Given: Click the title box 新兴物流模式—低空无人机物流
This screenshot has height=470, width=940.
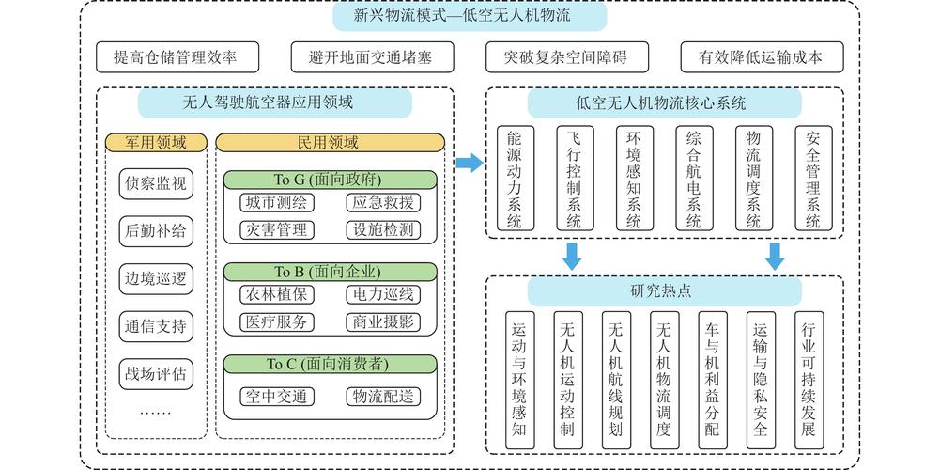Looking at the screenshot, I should point(470,16).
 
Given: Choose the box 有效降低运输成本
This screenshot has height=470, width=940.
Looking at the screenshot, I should point(762,57).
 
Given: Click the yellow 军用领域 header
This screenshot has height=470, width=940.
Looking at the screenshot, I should point(156,143).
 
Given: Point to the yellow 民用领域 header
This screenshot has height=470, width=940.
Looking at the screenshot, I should point(327,143).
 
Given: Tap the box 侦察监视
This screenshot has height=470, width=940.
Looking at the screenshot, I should point(156,183).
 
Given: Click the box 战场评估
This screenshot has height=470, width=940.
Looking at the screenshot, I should point(156,373).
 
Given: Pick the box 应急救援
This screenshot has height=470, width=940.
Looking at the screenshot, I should point(382,203).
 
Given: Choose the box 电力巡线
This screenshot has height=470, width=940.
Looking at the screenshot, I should point(382,295).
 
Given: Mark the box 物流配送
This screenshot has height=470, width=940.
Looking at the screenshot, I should point(382,396).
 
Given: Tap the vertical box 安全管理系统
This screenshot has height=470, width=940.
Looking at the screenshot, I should point(813,179).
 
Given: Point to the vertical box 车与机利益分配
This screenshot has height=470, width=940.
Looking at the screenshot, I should point(712,379).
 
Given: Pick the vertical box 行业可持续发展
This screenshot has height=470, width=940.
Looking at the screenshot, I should point(809,379).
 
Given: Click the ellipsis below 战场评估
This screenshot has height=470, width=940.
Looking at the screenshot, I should point(156,411).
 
